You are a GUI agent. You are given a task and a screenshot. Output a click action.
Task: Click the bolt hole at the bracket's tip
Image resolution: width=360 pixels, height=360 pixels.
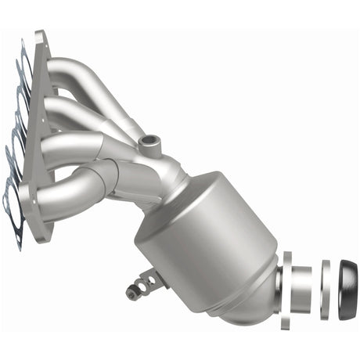tap(131, 293)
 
